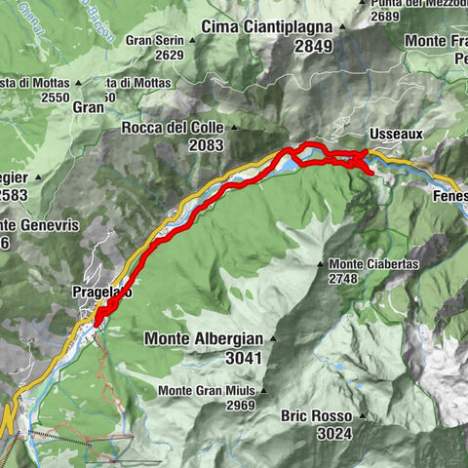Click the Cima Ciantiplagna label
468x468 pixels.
(x=267, y=26)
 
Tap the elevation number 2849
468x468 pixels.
(x=314, y=45)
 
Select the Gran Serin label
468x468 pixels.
(x=154, y=41)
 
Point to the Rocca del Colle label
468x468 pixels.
(x=174, y=128)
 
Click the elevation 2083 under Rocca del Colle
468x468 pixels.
(x=202, y=145)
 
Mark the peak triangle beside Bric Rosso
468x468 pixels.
(x=360, y=416)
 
